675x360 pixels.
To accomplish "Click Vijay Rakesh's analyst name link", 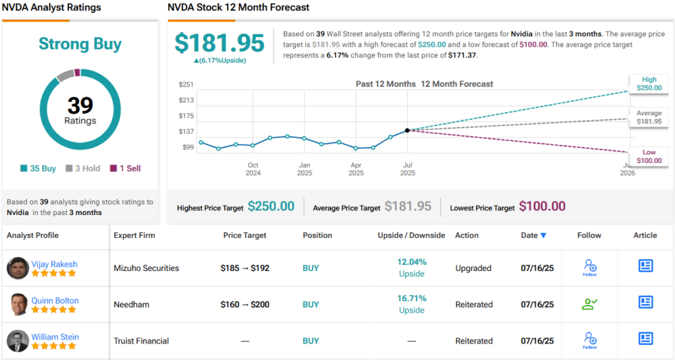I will point(54,264).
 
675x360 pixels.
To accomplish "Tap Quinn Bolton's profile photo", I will point(18,305).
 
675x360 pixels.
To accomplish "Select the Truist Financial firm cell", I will point(141,341).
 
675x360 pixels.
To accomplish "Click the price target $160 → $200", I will point(245,305).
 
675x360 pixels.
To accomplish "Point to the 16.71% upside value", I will point(411,298).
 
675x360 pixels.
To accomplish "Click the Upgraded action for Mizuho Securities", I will point(473,268).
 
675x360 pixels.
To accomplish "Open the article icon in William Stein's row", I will point(645,338).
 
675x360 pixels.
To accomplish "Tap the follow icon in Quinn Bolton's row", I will point(589,304).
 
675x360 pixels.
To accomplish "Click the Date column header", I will point(533,235).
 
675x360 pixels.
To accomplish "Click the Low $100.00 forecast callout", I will point(649,157).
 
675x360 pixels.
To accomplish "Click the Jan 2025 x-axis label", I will point(304,169).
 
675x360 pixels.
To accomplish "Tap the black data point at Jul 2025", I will point(407,131).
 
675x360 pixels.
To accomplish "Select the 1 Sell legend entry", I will point(125,169).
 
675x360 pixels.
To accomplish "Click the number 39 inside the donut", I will point(80,105).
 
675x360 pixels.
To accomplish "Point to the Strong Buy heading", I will point(80,44).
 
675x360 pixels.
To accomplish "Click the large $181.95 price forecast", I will point(219,43).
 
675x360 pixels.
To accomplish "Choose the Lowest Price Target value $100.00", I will point(542,206).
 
